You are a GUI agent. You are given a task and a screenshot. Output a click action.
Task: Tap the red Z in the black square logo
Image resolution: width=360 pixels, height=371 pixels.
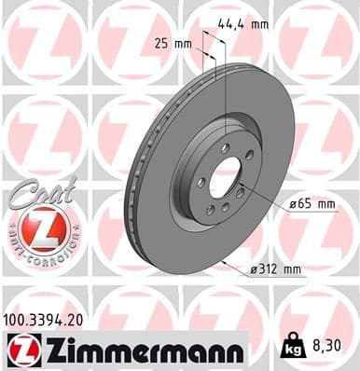coord(20,350)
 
